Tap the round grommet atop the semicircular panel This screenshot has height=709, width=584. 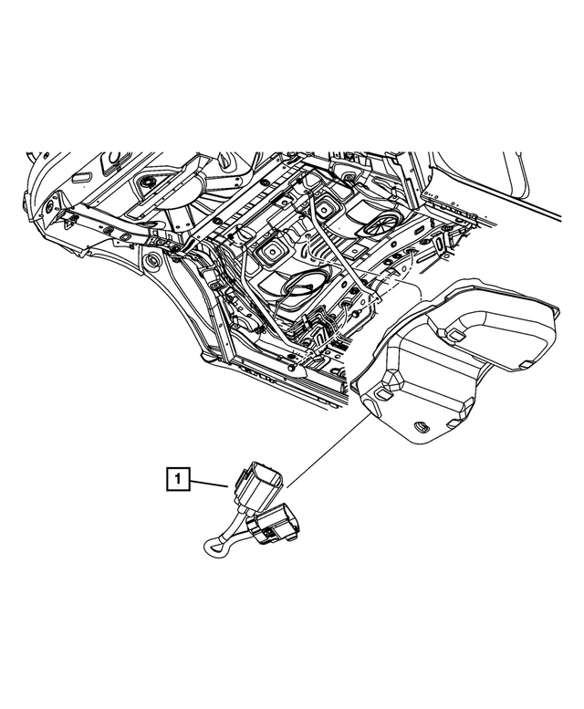click(143, 185)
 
